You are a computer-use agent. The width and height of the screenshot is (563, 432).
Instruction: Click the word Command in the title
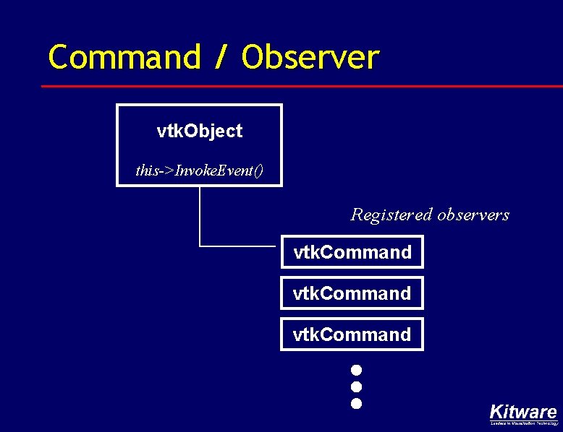pyautogui.click(x=124, y=58)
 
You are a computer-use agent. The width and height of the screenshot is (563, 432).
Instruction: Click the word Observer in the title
pyautogui.click(x=310, y=58)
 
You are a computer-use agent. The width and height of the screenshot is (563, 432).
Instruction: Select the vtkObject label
pyautogui.click(x=199, y=131)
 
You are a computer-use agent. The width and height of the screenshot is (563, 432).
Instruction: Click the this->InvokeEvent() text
pyautogui.click(x=199, y=170)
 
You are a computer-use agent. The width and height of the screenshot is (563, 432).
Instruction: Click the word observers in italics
pyautogui.click(x=473, y=215)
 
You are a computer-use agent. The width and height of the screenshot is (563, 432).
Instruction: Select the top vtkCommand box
pyautogui.click(x=352, y=252)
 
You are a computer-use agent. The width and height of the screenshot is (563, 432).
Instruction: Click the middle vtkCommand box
pyautogui.click(x=352, y=293)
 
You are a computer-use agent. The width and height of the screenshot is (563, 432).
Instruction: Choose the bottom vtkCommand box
pyautogui.click(x=352, y=334)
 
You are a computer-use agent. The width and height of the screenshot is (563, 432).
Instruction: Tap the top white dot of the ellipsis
pyautogui.click(x=356, y=370)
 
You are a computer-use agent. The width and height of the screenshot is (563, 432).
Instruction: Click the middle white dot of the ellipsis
pyautogui.click(x=356, y=386)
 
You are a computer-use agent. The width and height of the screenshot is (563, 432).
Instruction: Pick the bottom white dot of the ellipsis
pyautogui.click(x=356, y=403)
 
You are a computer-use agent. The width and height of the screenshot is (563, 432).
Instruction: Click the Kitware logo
pyautogui.click(x=523, y=412)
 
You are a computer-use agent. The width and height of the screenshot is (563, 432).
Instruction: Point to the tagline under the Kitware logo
pyautogui.click(x=523, y=423)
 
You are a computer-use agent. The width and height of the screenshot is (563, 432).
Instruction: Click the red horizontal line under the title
pyautogui.click(x=289, y=86)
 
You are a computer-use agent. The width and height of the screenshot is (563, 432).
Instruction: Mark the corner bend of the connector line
pyautogui.click(x=200, y=246)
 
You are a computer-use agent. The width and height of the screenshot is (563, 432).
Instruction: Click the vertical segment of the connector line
pyautogui.click(x=200, y=217)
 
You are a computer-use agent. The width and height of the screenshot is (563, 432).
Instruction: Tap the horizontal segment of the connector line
pyautogui.click(x=239, y=246)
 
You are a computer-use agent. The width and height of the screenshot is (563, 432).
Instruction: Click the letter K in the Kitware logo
pyautogui.click(x=496, y=412)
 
